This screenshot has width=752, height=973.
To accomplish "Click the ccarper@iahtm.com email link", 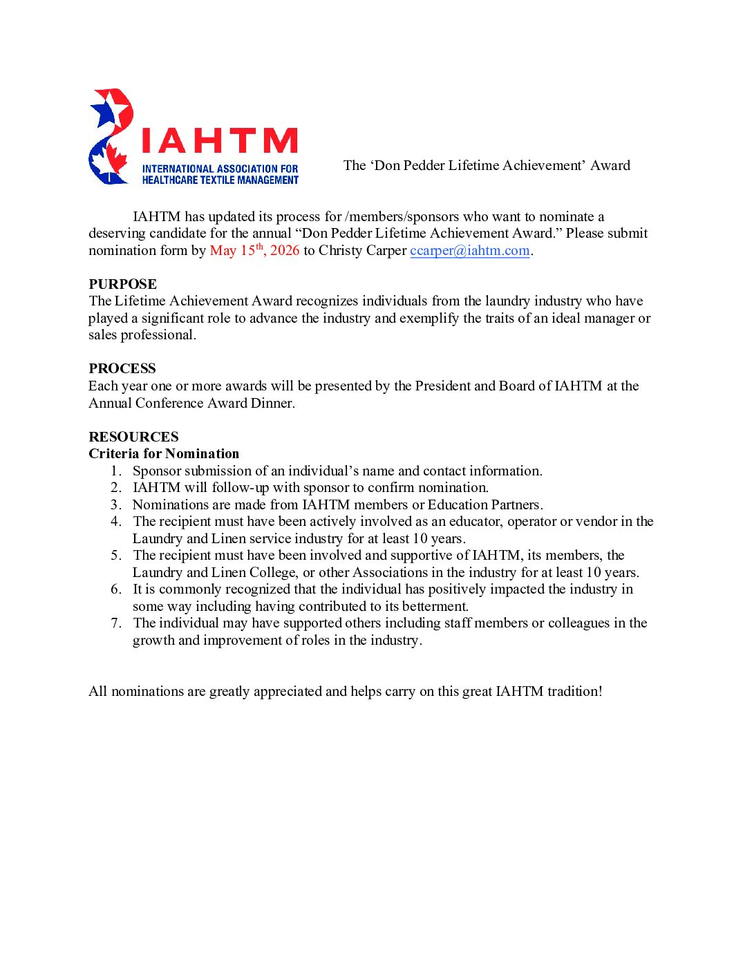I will [469, 251].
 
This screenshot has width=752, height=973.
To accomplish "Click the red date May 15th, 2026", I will [254, 251].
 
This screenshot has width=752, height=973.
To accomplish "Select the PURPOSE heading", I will [122, 284].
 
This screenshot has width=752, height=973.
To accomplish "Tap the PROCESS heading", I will [122, 368].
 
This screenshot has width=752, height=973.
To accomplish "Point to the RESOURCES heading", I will [133, 437].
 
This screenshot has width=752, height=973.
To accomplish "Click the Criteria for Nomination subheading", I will [164, 454].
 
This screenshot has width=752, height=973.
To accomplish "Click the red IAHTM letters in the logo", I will [219, 141].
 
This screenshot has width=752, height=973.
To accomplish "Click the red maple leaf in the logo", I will [115, 160].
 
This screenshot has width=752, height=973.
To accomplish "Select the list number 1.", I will [116, 471].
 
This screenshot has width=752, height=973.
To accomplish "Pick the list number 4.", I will [116, 522].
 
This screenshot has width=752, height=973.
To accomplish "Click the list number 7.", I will [116, 623].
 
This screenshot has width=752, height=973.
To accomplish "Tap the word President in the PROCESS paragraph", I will [442, 386].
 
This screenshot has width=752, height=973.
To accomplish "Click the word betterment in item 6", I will [434, 607].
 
